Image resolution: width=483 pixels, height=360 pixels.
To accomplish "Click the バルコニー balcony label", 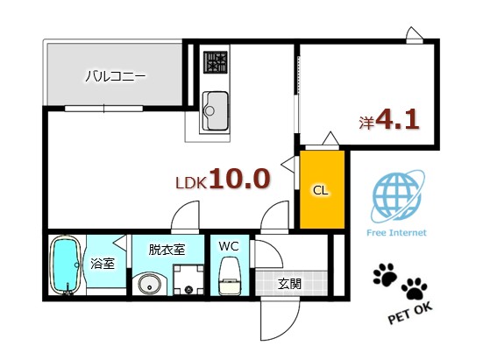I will coord(115,75).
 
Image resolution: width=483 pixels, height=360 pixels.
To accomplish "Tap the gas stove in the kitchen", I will coord(215,62).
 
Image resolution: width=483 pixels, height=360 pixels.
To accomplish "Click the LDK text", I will coord(190,183).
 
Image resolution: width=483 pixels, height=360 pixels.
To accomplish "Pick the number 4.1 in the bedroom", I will coord(397,121).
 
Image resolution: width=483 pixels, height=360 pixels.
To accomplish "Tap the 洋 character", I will coord(366,124).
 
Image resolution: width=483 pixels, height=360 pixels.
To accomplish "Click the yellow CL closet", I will coord(322,188).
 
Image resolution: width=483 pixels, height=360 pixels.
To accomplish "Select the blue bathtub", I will coord(65,265).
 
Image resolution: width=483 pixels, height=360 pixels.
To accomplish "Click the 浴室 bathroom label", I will coord(103,264).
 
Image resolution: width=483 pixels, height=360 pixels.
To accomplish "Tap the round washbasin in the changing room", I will coord(147,284).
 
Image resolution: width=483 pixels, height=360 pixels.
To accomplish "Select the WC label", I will coord(229,247).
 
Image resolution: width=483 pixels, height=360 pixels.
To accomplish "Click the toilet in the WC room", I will coord(230,275).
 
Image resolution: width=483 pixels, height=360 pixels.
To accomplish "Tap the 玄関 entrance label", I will coord(290,283).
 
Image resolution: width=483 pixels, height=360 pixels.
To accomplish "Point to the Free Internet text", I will coord(395,232).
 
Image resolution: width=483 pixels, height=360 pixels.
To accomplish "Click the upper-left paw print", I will coord(384,275).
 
